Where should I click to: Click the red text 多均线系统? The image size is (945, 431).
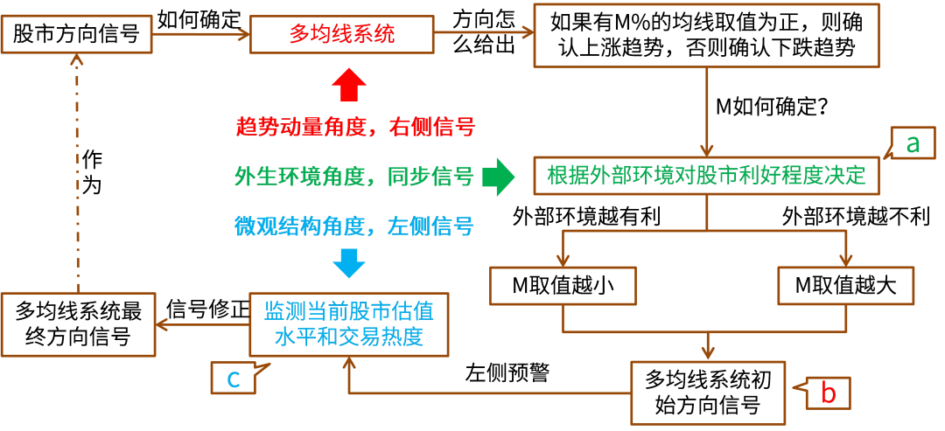342,35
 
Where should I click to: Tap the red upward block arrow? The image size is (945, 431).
349,87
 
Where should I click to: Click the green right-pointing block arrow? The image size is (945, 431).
500,177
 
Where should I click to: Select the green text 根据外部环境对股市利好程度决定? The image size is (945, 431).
706,176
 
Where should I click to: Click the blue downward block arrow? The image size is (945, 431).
349,262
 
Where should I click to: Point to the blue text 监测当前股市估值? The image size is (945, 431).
348,310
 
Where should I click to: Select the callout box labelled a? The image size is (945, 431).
913,143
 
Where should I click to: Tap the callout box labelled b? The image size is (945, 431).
827,393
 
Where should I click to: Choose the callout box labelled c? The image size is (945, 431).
233,378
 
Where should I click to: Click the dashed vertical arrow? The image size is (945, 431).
77,175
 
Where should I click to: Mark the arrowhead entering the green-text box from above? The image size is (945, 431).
706,150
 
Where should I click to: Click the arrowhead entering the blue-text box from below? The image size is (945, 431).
348,363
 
